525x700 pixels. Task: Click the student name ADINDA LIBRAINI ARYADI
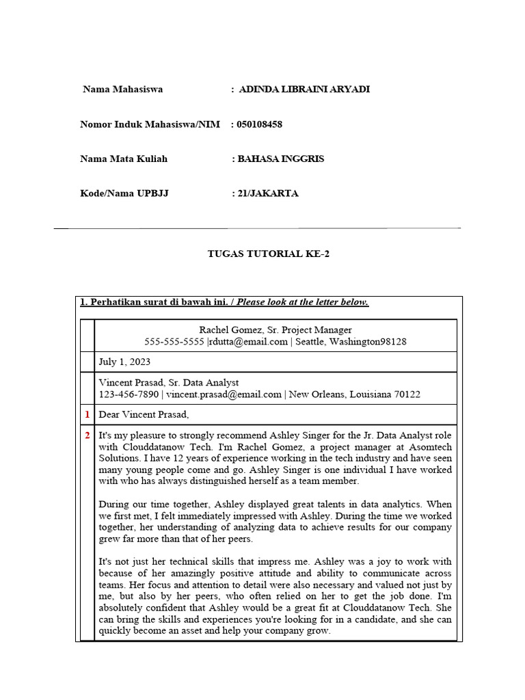304,90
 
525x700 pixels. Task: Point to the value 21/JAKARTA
267,193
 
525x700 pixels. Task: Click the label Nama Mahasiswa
123,90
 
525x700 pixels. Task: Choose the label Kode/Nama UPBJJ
124,193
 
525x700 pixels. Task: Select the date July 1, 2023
125,362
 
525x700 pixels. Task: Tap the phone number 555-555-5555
174,342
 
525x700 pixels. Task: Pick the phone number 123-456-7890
129,394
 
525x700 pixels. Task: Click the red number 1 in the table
87,414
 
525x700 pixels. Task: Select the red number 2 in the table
87,435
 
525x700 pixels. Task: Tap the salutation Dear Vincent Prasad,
144,414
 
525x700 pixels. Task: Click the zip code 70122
406,394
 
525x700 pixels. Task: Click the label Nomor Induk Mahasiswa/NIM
150,124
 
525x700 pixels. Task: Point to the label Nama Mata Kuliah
124,159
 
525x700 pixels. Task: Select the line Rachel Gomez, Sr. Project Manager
275,330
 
